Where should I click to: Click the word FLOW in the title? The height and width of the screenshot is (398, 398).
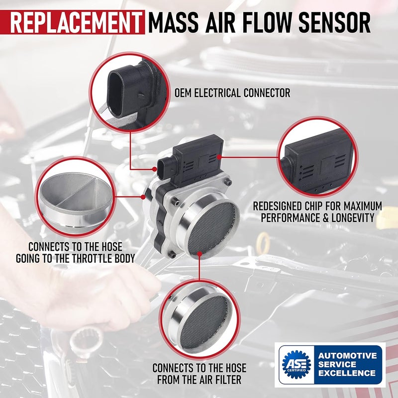259,22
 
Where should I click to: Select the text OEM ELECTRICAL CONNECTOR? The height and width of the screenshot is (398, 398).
232,93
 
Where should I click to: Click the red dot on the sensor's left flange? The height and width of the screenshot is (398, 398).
143,197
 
